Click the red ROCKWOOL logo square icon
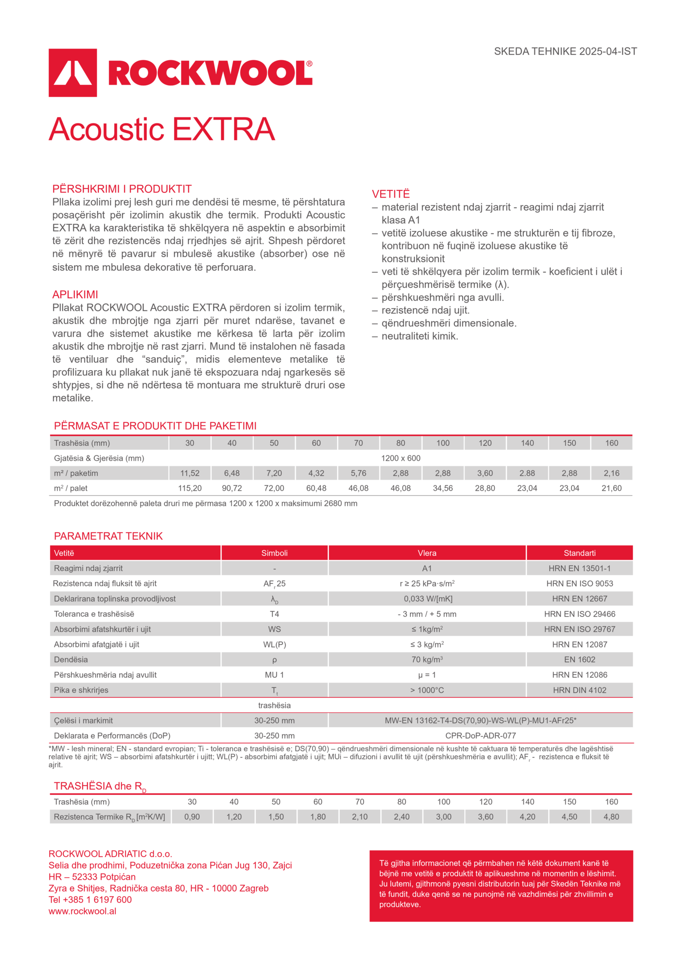coord(73,73)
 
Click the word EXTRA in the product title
coord(224,129)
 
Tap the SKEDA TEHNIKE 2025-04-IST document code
coord(565,52)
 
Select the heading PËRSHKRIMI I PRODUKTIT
coord(122,189)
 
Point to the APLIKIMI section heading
coord(75,295)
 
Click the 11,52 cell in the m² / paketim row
coord(190,473)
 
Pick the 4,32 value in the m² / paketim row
coord(316,473)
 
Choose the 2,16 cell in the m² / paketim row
coord(612,473)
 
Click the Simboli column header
coord(274,553)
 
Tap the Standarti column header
coord(579,553)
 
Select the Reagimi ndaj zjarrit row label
coord(88,568)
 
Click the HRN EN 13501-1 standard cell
coord(579,568)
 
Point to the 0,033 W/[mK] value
coord(427,599)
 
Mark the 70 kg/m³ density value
coord(427,659)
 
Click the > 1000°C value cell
coord(427,690)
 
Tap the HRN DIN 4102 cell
coord(579,690)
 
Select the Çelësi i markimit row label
coord(83,721)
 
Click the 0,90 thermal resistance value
coord(192,817)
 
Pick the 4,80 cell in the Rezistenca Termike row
coord(611,817)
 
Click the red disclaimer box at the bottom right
coord(501,886)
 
